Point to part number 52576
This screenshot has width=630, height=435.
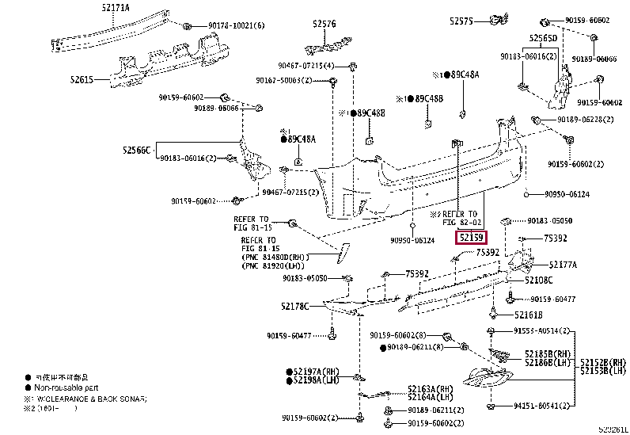324,24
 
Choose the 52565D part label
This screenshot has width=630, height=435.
543,37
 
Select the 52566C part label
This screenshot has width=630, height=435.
136,148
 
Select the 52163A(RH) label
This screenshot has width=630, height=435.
431,388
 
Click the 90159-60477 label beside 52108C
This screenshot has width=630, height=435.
552,299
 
